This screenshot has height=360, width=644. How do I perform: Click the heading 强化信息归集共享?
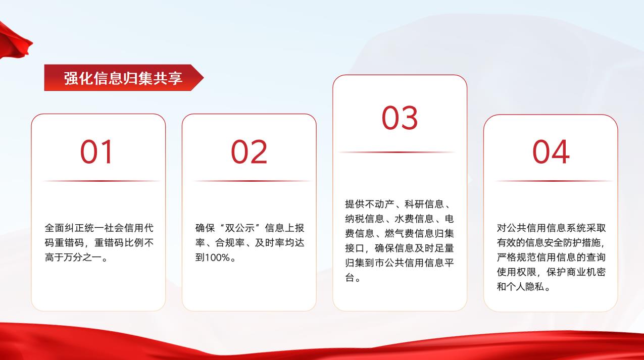tap(123, 78)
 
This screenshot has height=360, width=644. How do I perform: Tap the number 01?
tap(96, 151)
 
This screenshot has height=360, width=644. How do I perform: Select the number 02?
tap(249, 151)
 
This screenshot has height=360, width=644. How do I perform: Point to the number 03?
tap(400, 118)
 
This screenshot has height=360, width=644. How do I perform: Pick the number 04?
tap(551, 151)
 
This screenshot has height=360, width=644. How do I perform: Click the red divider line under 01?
tap(101, 181)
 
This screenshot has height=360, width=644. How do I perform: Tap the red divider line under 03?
tap(397, 152)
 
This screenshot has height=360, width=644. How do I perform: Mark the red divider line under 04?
tap(554, 181)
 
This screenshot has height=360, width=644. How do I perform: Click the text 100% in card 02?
tap(217, 258)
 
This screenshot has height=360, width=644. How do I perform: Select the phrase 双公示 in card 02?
tap(240, 228)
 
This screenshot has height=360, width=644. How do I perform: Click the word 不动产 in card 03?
tap(379, 204)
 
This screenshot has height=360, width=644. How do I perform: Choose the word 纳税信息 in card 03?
tap(365, 219)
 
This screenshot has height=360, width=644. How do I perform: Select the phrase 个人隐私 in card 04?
tap(525, 287)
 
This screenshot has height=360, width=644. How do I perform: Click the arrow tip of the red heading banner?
tap(204, 77)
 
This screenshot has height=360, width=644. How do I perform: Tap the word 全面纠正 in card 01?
tap(64, 228)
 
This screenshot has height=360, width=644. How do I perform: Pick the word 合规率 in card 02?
tap(230, 243)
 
